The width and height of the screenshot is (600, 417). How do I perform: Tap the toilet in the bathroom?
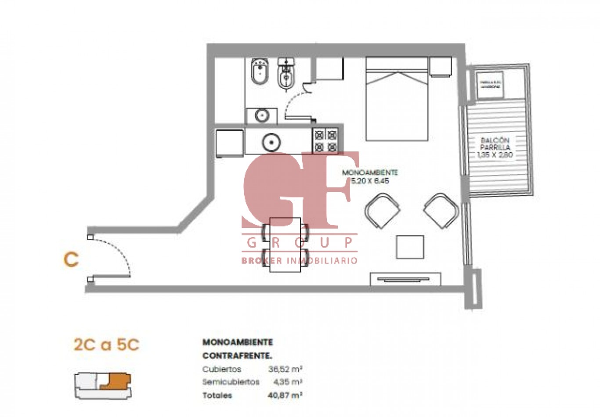287,74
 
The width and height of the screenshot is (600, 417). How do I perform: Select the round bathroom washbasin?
262,115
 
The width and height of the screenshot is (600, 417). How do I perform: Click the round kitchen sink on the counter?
271,142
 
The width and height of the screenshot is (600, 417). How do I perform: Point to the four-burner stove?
325,140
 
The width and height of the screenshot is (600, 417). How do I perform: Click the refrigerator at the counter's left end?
229,143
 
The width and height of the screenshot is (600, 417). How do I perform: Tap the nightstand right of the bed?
440,67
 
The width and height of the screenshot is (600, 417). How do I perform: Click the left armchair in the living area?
382,211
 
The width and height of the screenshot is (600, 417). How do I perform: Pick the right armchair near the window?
441,210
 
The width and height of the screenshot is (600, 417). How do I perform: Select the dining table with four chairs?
285,244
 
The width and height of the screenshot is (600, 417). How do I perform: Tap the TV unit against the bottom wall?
405,279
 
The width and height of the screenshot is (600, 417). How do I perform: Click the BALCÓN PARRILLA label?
495,147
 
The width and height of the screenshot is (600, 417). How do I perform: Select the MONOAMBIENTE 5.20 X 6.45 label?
370,176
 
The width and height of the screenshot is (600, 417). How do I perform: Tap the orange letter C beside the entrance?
71,260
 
